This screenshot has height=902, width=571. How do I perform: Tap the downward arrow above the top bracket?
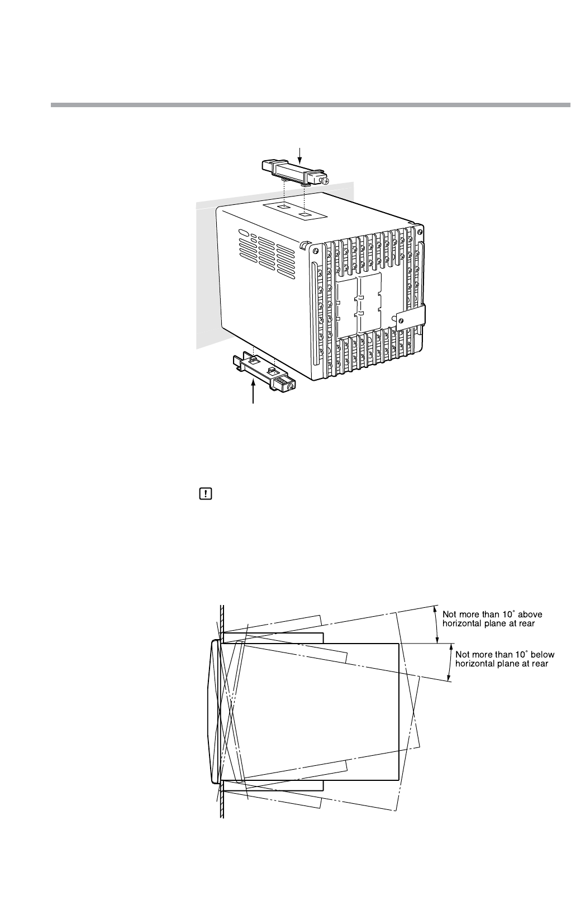tap(301, 153)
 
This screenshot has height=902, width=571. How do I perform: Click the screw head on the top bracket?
tap(325, 181)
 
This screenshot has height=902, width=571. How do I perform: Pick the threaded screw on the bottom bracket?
tap(287, 385)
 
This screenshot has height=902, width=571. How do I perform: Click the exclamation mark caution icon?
tap(205, 493)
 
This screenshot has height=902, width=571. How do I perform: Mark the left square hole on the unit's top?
tap(284, 207)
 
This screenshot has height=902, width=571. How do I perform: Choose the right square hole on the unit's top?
tap(304, 213)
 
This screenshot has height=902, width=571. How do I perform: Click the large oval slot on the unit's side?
tap(244, 233)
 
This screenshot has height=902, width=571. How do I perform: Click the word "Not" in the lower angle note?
tap(464, 654)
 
